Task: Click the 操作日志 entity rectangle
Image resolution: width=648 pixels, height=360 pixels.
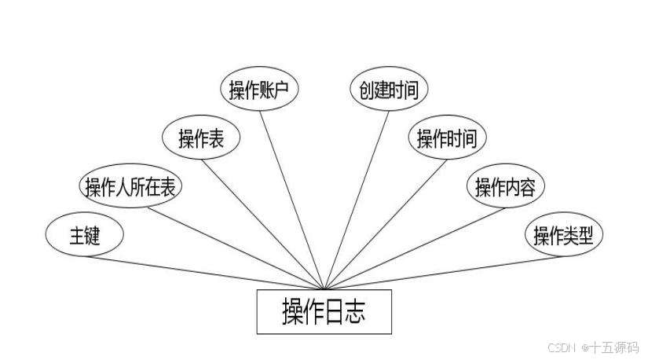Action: pos(324,312)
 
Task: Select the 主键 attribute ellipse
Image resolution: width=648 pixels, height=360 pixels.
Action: pos(85,235)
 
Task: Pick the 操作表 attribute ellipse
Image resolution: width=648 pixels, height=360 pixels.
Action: pos(200,139)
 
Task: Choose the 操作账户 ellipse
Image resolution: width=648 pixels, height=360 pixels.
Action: pos(259,90)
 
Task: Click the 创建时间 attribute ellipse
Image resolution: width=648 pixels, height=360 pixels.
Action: pos(389,90)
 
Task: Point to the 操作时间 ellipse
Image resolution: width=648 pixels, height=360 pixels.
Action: pos(447,139)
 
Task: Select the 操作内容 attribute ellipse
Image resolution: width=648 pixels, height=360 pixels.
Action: pos(505,187)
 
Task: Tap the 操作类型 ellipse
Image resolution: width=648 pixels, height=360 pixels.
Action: pos(563,235)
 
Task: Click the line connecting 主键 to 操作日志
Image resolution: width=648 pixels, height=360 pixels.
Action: pos(204,272)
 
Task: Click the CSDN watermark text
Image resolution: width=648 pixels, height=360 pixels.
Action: pos(592,347)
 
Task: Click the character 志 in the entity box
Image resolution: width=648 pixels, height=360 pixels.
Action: pos(355,312)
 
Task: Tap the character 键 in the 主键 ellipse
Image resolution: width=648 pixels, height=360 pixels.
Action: pos(93,235)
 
